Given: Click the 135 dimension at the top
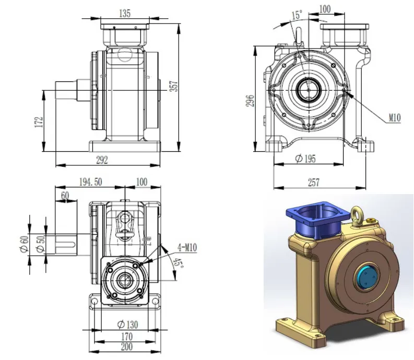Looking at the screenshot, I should pos(125,14).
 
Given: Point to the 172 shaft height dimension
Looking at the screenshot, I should pos(38,122).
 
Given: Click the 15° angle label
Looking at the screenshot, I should pos(296,16).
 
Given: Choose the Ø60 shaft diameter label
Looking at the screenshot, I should pos(24,242).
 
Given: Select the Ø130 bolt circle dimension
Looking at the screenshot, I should pos(126,325).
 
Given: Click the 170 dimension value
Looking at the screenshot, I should pos(126,336).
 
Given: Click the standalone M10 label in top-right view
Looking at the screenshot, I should pos(394,118).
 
